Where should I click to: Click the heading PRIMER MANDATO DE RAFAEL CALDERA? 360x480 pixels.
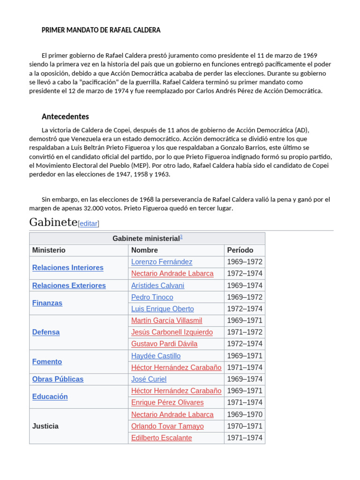[x=101, y=30]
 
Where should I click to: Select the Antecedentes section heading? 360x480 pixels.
[x=65, y=116]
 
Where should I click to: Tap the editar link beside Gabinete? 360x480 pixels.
[x=89, y=224]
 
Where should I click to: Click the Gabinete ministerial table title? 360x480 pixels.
[x=147, y=239]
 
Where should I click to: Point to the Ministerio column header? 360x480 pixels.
[x=49, y=250]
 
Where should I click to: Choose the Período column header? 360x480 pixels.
[x=240, y=250]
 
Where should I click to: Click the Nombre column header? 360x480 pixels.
[x=144, y=250]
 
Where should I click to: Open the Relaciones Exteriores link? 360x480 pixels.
[x=69, y=285]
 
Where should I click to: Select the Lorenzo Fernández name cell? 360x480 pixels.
[x=162, y=262]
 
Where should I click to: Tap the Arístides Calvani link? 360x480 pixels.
[x=157, y=285]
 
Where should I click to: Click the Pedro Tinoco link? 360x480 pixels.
[x=152, y=297]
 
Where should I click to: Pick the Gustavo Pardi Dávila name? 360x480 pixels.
[x=164, y=344]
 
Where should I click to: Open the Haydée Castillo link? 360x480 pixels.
[x=156, y=356]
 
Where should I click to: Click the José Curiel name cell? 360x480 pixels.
[x=149, y=379]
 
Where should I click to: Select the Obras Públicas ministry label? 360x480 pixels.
[x=58, y=379]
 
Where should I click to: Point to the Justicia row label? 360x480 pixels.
[x=45, y=426]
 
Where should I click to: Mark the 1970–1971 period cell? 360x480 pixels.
[x=245, y=426]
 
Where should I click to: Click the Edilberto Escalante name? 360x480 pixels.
[x=161, y=438]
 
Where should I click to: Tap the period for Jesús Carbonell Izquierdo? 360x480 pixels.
[x=245, y=332]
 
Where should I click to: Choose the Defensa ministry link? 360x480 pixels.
[x=46, y=332]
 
